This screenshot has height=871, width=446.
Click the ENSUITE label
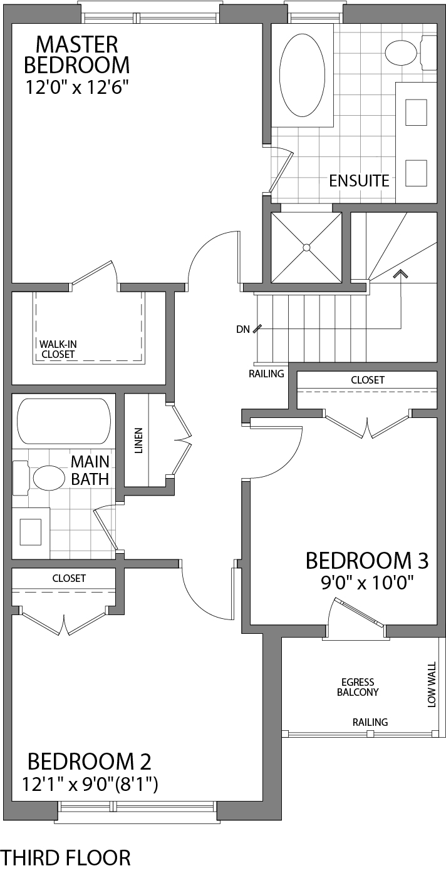(359, 181)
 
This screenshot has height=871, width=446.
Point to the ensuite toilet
(401, 53)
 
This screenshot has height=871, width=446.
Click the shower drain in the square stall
(306, 247)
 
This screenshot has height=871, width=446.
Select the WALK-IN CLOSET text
(58, 349)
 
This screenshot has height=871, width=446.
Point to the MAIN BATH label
(90, 471)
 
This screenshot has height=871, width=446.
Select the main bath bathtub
(63, 421)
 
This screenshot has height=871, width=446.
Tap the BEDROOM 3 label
(366, 561)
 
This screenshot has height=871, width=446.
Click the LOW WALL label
(432, 685)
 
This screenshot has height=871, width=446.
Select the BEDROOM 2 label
(89, 761)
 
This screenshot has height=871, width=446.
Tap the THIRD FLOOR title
(66, 857)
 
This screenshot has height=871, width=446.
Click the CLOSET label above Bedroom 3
(367, 380)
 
